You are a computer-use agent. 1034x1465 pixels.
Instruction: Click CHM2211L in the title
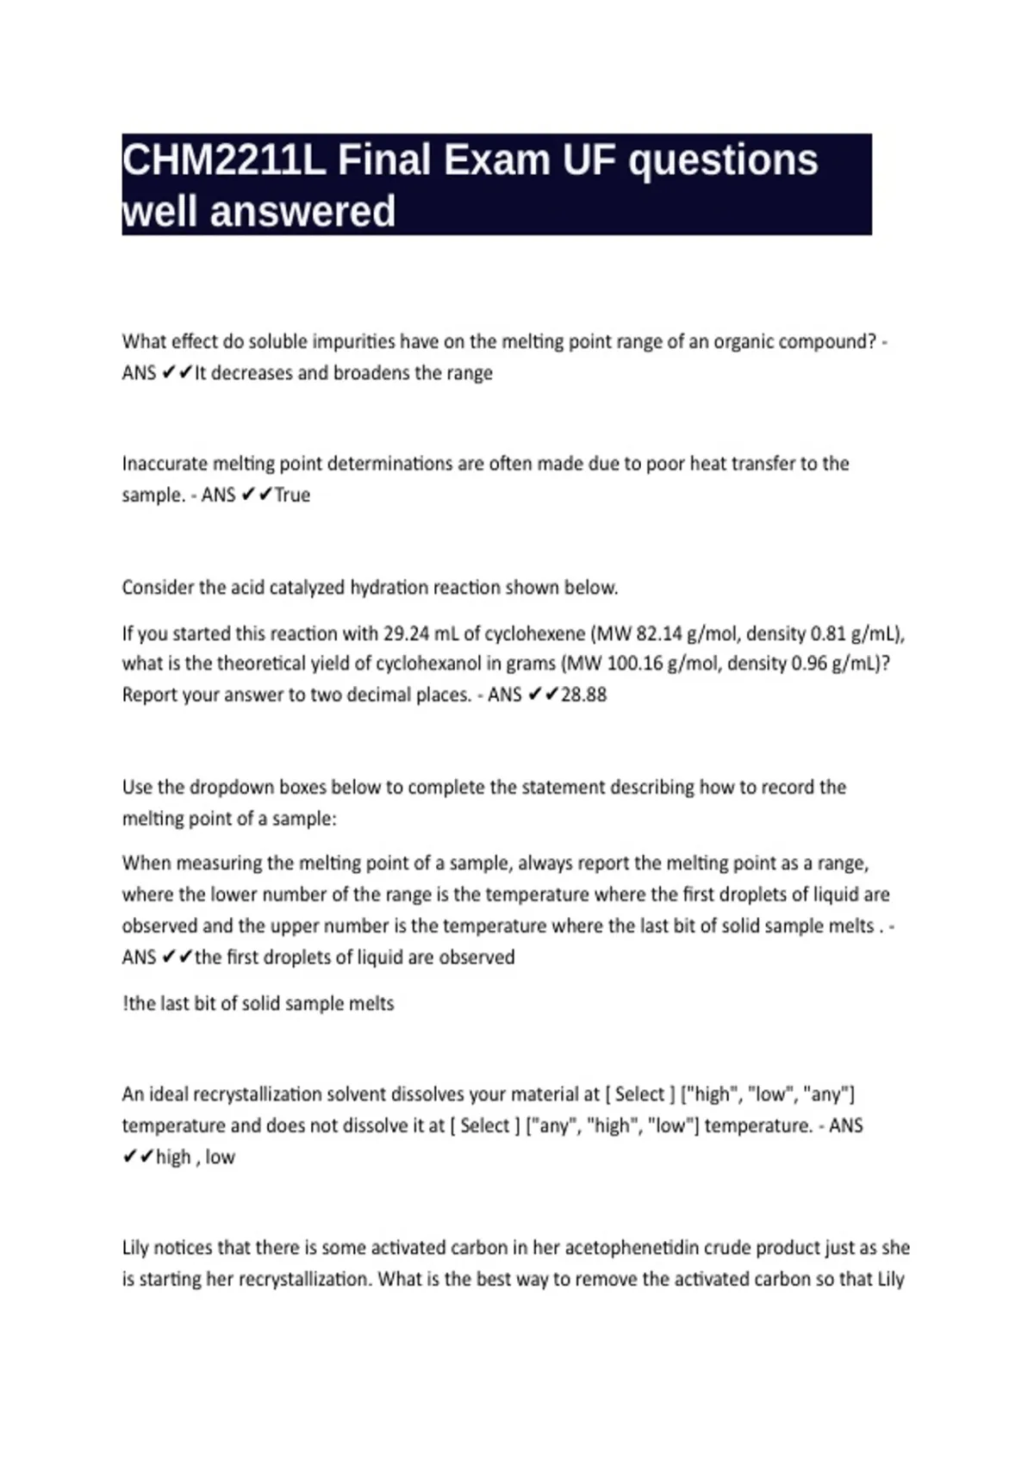[x=223, y=161]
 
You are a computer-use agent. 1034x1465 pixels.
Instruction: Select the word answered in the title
[x=302, y=212]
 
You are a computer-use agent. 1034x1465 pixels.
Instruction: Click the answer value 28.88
[x=583, y=695]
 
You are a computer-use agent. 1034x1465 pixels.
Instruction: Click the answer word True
[x=292, y=496]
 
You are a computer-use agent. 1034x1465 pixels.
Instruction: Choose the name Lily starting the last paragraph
[x=135, y=1248]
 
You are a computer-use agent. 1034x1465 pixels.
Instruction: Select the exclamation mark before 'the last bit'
[x=125, y=1004]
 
